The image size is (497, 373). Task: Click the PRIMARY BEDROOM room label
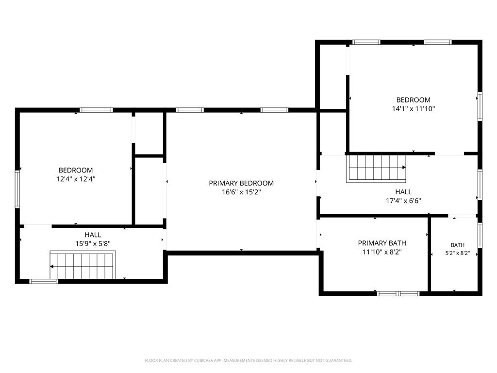click(241, 183)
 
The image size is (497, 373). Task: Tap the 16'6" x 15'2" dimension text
click(241, 192)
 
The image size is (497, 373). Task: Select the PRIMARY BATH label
click(382, 243)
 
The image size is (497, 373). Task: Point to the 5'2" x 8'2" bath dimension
click(457, 253)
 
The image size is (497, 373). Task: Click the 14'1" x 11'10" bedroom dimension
click(414, 109)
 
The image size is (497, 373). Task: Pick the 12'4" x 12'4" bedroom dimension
click(76, 179)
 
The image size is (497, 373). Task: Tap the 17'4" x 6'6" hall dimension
click(403, 201)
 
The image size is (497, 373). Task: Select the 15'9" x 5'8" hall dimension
click(93, 244)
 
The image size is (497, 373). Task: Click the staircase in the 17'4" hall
click(376, 169)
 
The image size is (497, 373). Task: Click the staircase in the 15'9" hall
click(83, 265)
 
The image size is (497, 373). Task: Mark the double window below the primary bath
click(398, 293)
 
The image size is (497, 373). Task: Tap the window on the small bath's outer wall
click(480, 236)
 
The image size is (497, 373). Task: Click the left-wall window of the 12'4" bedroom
click(17, 189)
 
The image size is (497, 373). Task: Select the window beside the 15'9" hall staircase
click(44, 281)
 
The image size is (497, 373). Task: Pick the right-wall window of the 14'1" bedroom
click(480, 106)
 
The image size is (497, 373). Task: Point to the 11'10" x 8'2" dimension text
click(382, 252)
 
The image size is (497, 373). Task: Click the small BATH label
click(457, 245)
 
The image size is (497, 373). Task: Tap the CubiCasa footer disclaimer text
click(248, 361)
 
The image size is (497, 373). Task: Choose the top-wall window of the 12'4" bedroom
click(97, 110)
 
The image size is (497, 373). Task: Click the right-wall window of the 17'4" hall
click(480, 185)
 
